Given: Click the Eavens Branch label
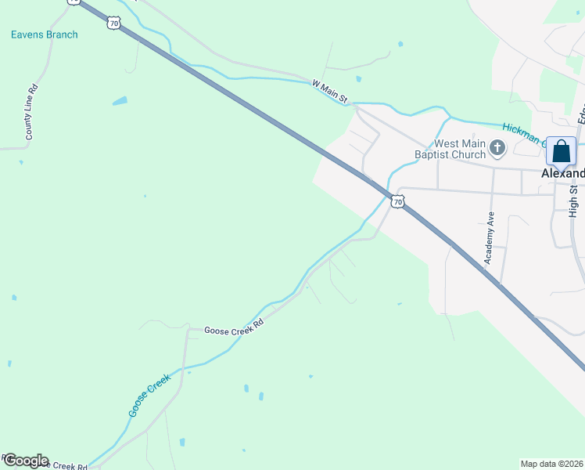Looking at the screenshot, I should (45, 34).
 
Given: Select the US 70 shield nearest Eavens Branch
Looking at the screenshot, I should (114, 24).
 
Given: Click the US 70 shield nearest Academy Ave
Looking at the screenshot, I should (398, 202).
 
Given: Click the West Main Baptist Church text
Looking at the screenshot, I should (460, 149).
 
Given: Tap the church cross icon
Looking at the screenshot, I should (497, 147).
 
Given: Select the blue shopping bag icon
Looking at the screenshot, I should (562, 151).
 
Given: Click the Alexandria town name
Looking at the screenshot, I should (563, 173).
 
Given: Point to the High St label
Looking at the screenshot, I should (573, 201).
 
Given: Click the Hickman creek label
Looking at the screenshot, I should (522, 133).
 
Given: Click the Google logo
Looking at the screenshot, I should (25, 461).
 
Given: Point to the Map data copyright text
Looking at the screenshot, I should (552, 464).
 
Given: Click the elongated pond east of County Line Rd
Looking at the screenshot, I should (120, 101).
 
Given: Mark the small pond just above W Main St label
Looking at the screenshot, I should (358, 78).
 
